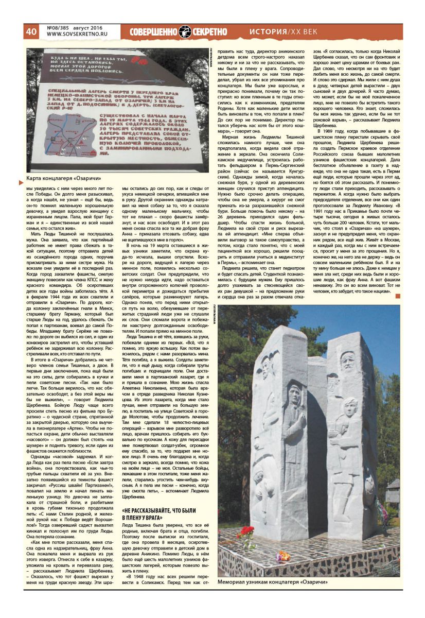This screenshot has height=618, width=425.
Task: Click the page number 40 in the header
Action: pos(31,31)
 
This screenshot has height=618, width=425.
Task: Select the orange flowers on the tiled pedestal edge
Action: pos(282,555)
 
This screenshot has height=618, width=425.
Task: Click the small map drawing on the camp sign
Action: pos(66,141)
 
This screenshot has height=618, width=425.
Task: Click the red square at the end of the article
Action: pos(397,296)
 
